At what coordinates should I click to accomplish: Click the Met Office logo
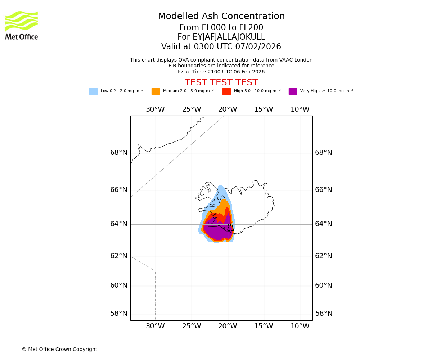[x=22, y=25]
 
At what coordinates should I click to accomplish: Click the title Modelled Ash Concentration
[x=221, y=17]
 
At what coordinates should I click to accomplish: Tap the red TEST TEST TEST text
[x=221, y=82]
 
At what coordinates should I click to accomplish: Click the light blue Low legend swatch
[x=93, y=91]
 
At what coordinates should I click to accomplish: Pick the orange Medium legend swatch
[x=156, y=91]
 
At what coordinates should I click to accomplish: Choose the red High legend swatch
[x=226, y=91]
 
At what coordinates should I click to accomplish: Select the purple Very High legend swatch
[x=293, y=91]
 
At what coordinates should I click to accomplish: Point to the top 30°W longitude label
[x=155, y=109]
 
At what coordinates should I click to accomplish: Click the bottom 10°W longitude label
[x=300, y=326]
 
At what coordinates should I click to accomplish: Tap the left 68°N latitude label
[x=119, y=153]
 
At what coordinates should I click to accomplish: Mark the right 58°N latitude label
[x=324, y=314]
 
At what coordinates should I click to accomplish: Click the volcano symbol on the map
[x=230, y=227]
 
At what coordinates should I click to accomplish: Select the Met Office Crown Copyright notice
[x=59, y=350]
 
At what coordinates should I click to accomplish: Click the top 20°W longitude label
[x=228, y=109]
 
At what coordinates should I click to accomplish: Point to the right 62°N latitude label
[x=324, y=256]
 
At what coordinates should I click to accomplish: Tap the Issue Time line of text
[x=221, y=72]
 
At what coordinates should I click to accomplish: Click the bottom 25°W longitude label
[x=192, y=326]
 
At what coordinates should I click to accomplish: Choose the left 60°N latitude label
[x=119, y=285]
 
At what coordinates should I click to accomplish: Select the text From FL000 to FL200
[x=221, y=28]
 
